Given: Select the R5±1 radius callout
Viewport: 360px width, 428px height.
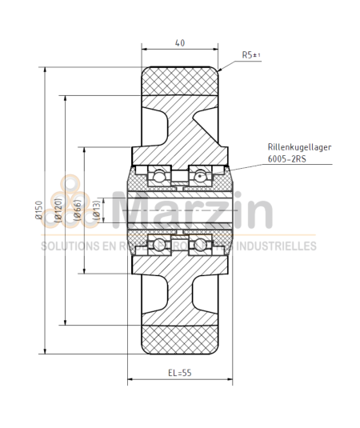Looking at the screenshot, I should [x=252, y=55].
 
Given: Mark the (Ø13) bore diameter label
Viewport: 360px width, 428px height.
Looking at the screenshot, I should [x=97, y=210].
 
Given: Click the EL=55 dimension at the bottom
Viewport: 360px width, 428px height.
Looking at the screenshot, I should [x=179, y=372].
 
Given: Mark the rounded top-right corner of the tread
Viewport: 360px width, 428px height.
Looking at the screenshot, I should [x=216, y=70].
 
